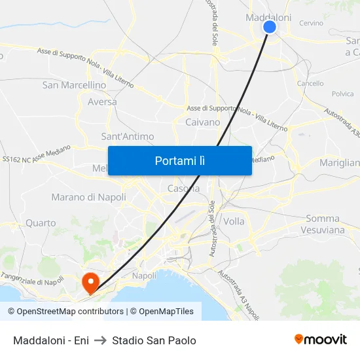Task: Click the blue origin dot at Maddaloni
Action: click(x=269, y=27)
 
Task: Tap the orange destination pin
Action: click(x=90, y=282)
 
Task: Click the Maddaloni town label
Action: click(x=268, y=18)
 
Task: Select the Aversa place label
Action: click(x=102, y=101)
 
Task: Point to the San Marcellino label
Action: click(x=74, y=85)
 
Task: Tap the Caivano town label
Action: click(x=203, y=122)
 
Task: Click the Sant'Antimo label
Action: click(x=128, y=137)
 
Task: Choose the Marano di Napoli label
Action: click(x=88, y=197)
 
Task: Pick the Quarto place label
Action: click(x=41, y=223)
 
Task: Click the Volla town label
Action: click(x=234, y=221)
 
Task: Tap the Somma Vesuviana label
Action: click(x=323, y=225)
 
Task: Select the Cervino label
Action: click(x=311, y=23)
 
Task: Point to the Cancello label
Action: click(x=310, y=84)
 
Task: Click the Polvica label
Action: click(x=343, y=94)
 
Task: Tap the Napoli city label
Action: click(x=144, y=276)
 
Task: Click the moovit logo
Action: click(x=320, y=339)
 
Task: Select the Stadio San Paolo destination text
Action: click(x=154, y=340)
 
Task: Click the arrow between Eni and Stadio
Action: click(x=100, y=340)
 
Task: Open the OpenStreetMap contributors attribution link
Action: click(x=70, y=312)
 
